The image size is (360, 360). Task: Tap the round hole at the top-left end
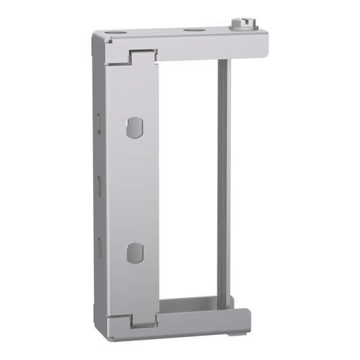point(113,32)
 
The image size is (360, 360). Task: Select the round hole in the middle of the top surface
point(192,30)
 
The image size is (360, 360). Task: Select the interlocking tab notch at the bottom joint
point(139,320)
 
